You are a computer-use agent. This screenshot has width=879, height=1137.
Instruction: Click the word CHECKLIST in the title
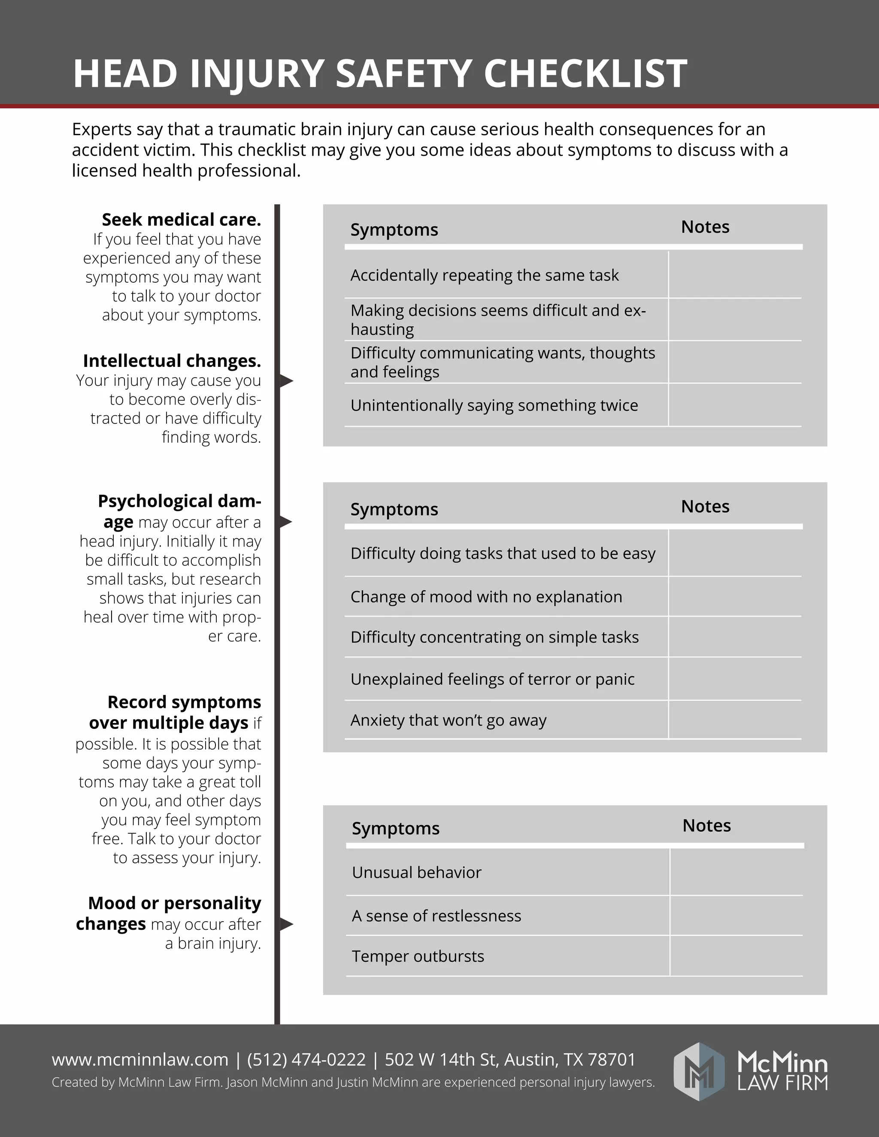585,73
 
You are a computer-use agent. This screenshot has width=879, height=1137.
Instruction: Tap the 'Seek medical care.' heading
181,220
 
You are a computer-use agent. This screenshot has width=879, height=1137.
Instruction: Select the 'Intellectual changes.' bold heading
172,361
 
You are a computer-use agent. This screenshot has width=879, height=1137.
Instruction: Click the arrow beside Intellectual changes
286,381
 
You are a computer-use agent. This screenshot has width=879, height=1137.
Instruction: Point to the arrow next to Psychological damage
285,522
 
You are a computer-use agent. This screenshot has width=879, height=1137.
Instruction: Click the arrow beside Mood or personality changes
286,925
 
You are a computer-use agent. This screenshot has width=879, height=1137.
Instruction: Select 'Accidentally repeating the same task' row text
484,275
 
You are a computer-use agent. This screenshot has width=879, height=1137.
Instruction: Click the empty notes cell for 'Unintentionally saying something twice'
735,405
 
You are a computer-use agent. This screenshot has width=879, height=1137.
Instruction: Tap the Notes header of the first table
705,227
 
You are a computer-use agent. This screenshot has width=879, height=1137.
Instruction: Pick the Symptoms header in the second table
394,509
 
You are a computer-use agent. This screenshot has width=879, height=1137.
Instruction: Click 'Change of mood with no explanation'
486,597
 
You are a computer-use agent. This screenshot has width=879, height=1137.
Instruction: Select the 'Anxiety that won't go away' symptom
449,720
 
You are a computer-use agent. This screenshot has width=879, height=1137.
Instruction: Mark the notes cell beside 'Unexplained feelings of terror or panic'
735,679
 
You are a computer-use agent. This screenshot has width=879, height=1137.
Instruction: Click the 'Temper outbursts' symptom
418,956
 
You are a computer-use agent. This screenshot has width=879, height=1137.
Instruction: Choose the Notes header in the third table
706,826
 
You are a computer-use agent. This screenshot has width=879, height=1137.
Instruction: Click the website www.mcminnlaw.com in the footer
140,1060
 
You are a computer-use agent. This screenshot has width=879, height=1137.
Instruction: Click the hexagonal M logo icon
699,1071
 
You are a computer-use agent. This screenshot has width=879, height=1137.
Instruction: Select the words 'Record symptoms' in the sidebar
184,702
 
